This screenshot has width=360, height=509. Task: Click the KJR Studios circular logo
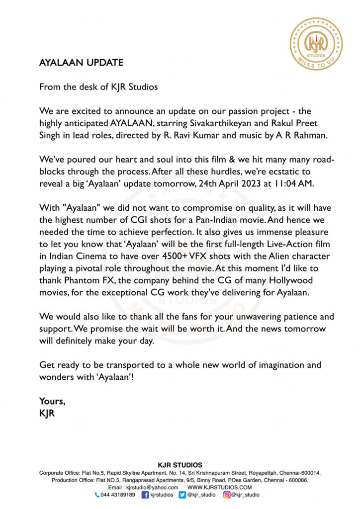(x=316, y=43)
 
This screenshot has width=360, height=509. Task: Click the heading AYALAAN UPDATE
(x=81, y=63)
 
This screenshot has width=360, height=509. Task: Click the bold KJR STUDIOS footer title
(x=180, y=465)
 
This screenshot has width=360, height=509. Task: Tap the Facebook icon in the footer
(x=145, y=495)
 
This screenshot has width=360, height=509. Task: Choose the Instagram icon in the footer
(x=226, y=495)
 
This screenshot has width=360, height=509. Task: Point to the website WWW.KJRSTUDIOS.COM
(x=220, y=488)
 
